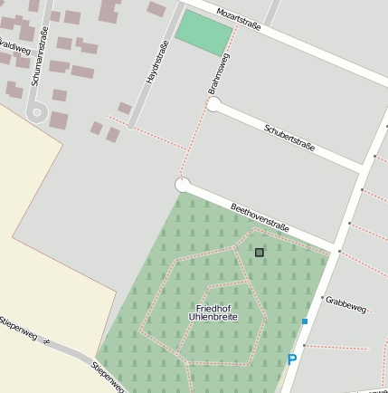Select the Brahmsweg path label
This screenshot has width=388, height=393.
tap(219, 73)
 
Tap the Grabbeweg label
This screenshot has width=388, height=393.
tap(346, 304)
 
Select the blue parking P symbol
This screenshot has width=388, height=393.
tap(292, 360)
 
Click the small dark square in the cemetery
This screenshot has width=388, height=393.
tap(260, 253)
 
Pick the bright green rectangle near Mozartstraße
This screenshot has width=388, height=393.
tap(203, 33)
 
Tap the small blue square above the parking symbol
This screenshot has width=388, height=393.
tap(305, 321)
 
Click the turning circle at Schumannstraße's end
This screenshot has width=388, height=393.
tap(37, 113)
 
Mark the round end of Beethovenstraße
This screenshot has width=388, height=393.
tap(183, 185)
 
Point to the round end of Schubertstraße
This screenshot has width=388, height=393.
tap(213, 104)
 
